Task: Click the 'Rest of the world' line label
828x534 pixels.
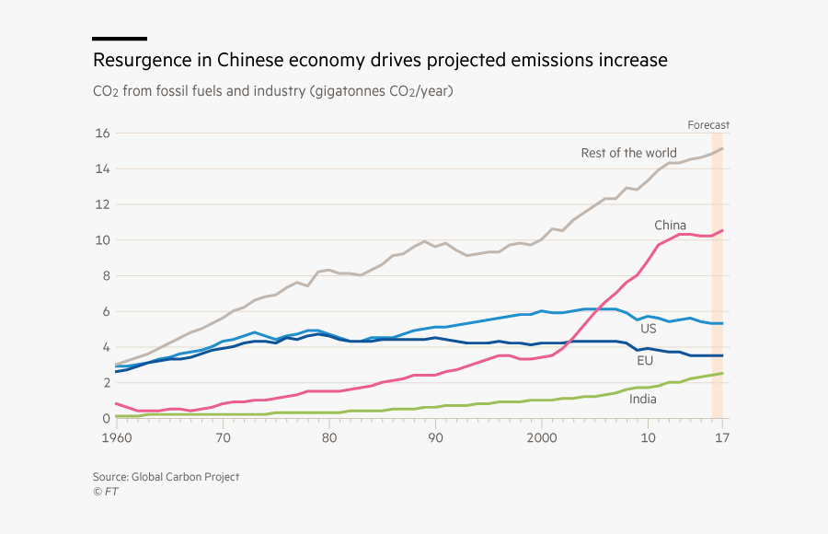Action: pyautogui.click(x=628, y=153)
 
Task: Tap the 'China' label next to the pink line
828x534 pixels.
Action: pyautogui.click(x=670, y=226)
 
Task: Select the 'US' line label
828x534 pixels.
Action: pyautogui.click(x=648, y=328)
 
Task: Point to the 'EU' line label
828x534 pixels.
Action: pyautogui.click(x=645, y=361)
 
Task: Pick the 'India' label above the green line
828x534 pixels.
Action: pyautogui.click(x=643, y=399)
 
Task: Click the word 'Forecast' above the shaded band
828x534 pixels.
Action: pyautogui.click(x=708, y=125)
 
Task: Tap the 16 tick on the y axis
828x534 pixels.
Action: pyautogui.click(x=102, y=133)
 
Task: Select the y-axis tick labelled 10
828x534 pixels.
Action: pyautogui.click(x=102, y=240)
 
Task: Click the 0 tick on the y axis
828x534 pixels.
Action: pyautogui.click(x=106, y=418)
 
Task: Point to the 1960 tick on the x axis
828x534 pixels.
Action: pyautogui.click(x=116, y=437)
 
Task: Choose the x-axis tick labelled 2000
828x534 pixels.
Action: pyautogui.click(x=542, y=437)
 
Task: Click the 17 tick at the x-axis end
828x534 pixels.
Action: pyautogui.click(x=722, y=437)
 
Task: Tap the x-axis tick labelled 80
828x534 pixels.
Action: pyautogui.click(x=329, y=437)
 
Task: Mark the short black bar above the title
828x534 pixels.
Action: pyautogui.click(x=120, y=39)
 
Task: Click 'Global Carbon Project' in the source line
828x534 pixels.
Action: pyautogui.click(x=185, y=477)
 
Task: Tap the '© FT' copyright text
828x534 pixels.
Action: pyautogui.click(x=105, y=492)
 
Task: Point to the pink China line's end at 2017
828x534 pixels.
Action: pyautogui.click(x=722, y=230)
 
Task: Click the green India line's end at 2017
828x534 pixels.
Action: pyautogui.click(x=722, y=373)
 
